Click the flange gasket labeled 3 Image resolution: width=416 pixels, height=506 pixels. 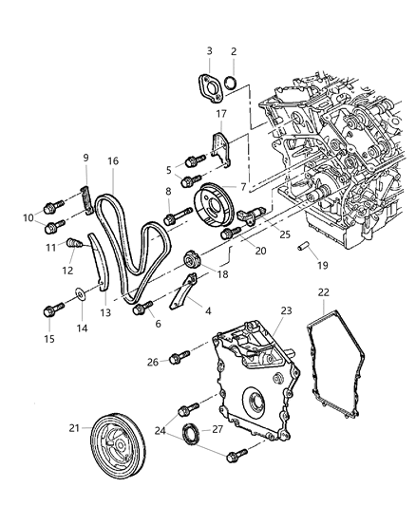point(211,84)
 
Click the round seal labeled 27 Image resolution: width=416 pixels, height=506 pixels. point(193,436)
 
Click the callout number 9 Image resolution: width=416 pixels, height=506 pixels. point(85,158)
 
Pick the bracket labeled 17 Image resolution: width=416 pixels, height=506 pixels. point(220,147)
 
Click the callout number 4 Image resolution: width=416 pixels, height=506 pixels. point(209,309)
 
